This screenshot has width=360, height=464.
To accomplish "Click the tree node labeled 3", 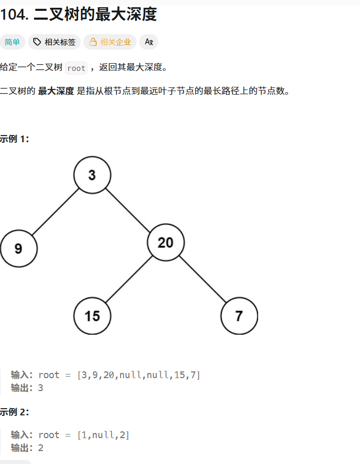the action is pos(92,175).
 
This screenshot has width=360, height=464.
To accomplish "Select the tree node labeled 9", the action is pos(19,248).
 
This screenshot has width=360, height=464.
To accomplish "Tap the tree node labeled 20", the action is pos(166,242).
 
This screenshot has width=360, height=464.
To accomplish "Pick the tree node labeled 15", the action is pos(92,316).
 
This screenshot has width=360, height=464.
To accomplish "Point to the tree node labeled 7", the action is pos(239,316).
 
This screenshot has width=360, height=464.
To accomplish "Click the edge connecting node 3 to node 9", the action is pos(55,212).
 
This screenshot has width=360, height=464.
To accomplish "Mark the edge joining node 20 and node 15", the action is pos(129,279).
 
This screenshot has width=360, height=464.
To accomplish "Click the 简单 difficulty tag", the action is pos(12,42).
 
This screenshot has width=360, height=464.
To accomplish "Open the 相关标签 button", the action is pos(54,42).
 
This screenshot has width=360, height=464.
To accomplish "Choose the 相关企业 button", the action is pos(110,42).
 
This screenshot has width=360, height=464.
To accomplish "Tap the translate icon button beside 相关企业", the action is pos(149,42).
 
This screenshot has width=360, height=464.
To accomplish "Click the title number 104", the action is pos(14,14).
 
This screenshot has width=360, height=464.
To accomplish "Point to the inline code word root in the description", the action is pos(77,68).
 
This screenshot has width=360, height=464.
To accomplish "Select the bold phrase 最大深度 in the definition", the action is pos(56,92).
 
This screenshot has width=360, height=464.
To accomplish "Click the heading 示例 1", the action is pos(14,139).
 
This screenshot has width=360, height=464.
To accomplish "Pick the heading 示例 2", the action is pos(14,412).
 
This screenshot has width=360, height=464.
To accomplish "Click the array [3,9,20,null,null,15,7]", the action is pos(138,375).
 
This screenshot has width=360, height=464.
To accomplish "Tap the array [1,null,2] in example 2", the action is pos(103,435).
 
